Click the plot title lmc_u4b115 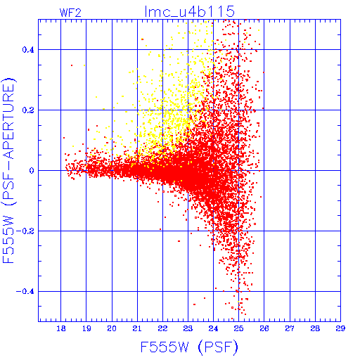tap(190, 11)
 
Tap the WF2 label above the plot tap(70, 13)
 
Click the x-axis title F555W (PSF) tap(189, 347)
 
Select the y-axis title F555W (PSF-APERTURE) tap(8, 170)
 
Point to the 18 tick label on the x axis tap(61, 328)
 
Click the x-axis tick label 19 tap(86, 328)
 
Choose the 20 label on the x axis tap(112, 328)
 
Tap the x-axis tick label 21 tap(137, 328)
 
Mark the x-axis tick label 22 tap(162, 328)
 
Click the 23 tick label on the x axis tap(188, 328)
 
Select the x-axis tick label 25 tap(239, 328)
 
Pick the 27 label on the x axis tap(290, 328)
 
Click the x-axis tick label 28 tap(315, 328)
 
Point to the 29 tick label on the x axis tap(340, 328)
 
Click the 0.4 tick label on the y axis tap(28, 50)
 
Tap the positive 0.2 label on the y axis tap(28, 110)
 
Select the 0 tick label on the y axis tap(32, 171)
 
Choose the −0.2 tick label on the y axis tap(25, 231)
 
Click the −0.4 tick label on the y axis tap(25, 292)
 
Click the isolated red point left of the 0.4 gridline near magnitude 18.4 tap(72, 65)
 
